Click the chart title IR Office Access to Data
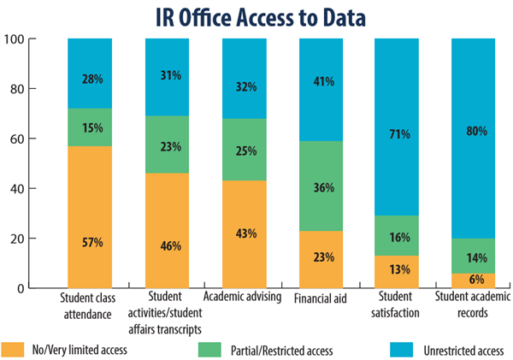[x=256, y=16]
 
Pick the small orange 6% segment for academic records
[x=472, y=280]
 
